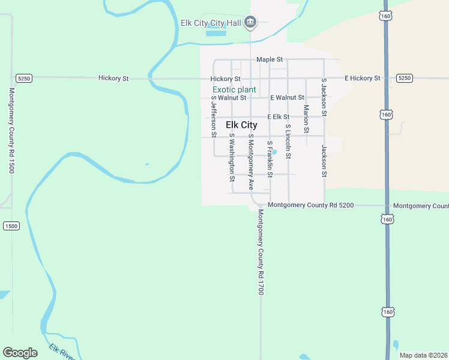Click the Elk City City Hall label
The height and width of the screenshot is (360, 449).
[x=211, y=23]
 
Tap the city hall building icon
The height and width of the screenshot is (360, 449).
[x=251, y=23]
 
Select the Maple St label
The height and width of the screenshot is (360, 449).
[x=269, y=59]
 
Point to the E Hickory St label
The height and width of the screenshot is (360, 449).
[x=362, y=79]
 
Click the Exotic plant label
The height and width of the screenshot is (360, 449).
[x=234, y=89]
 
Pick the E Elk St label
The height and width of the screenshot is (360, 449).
[x=279, y=117]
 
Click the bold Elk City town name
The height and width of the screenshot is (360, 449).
[x=241, y=125]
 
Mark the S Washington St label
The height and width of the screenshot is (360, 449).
[x=232, y=157]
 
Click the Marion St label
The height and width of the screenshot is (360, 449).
[x=306, y=119]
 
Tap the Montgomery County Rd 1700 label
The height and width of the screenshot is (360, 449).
[x=261, y=252]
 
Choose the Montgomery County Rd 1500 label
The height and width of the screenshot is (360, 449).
[x=11, y=131]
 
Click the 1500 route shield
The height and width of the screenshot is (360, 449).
[x=11, y=226]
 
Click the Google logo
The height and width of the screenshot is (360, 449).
[x=20, y=353]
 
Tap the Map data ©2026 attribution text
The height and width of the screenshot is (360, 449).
[x=424, y=355]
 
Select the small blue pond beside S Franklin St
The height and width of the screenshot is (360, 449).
[x=274, y=152]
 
